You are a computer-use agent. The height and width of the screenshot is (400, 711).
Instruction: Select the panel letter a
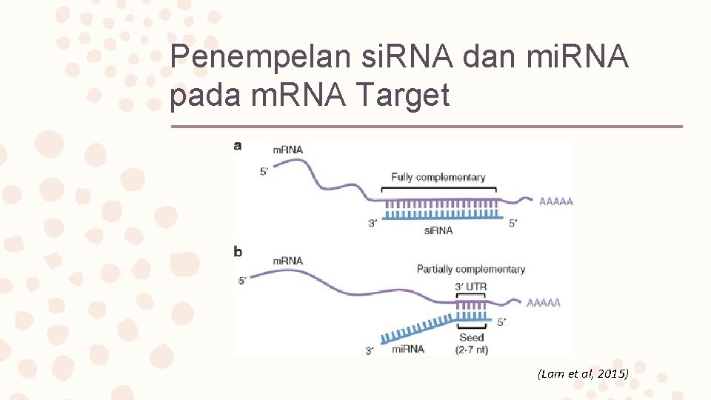click(238, 146)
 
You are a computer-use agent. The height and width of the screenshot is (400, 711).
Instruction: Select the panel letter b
click(238, 252)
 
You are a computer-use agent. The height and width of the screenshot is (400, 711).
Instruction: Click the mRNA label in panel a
click(288, 150)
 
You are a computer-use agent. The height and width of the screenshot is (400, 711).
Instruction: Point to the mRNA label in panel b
click(288, 261)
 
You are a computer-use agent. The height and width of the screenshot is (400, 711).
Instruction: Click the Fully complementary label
click(438, 177)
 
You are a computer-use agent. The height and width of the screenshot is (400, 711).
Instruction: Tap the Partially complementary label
click(470, 269)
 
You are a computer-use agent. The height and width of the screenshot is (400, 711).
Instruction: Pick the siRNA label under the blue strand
click(438, 230)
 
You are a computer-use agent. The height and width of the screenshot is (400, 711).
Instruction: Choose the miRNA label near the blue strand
click(407, 349)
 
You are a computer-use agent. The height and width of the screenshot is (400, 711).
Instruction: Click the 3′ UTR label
click(470, 287)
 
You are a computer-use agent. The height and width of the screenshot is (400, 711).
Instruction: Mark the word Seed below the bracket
click(471, 338)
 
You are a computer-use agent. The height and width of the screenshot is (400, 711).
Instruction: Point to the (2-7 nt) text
click(471, 350)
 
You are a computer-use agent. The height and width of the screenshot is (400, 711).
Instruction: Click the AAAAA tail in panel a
click(556, 201)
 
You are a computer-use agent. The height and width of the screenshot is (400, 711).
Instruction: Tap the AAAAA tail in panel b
click(544, 302)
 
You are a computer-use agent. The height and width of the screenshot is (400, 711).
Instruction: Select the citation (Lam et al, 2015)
click(583, 374)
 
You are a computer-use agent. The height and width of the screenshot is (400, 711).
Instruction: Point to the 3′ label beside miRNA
click(370, 350)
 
